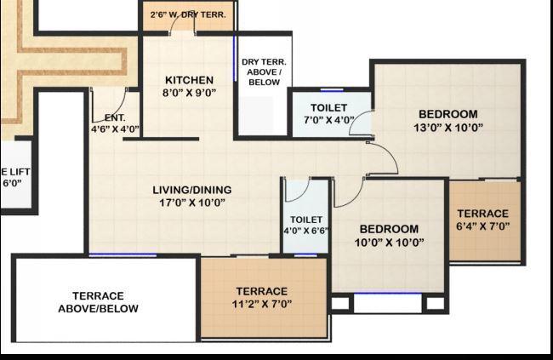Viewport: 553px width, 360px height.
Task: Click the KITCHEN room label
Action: click(183, 81)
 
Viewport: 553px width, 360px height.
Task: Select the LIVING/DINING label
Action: click(192, 190)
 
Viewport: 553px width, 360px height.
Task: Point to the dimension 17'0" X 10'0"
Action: click(192, 203)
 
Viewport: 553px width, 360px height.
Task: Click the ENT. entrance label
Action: click(115, 117)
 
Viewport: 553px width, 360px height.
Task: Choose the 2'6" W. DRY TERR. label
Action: click(189, 14)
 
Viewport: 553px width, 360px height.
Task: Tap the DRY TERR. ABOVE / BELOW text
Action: click(264, 72)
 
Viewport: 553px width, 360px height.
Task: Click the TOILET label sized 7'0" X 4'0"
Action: click(328, 107)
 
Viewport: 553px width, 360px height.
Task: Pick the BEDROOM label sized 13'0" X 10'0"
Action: click(448, 114)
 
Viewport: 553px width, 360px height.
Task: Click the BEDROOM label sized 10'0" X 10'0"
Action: click(389, 229)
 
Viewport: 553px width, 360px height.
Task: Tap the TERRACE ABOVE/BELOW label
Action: click(98, 302)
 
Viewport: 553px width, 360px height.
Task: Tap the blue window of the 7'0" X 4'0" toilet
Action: click(332, 89)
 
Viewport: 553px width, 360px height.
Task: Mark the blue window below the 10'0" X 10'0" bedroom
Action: click(387, 294)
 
